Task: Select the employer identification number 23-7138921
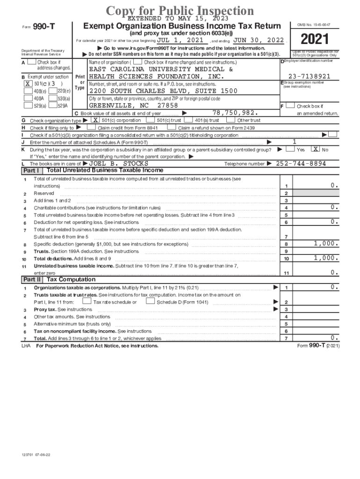pyautogui.click(x=309, y=76)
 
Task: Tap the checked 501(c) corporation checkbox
pyautogui.click(x=94, y=120)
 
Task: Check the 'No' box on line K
pyautogui.click(x=316, y=149)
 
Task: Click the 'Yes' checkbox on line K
pyautogui.click(x=290, y=149)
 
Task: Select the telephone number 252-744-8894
pyautogui.click(x=301, y=164)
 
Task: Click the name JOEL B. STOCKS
pyautogui.click(x=119, y=164)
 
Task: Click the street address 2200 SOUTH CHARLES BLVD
pyautogui.click(x=164, y=91)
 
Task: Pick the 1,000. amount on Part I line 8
pyautogui.click(x=326, y=243)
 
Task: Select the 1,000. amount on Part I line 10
pyautogui.click(x=326, y=258)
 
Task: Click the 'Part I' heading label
pyautogui.click(x=31, y=170)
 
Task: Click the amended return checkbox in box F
pyautogui.click(x=290, y=107)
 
